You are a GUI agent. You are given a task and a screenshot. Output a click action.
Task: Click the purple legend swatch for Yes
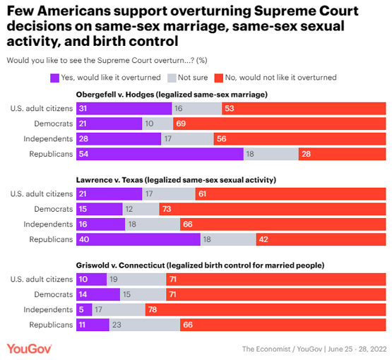click(54, 78)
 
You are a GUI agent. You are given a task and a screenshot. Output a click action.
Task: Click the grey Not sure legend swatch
click(172, 78)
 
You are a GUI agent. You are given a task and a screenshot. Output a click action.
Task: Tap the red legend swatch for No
click(219, 78)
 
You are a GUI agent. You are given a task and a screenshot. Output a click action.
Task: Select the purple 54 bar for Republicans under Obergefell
click(160, 154)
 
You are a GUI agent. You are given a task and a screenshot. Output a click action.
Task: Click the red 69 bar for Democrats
click(279, 124)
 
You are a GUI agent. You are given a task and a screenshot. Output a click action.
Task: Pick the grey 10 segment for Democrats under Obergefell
click(158, 124)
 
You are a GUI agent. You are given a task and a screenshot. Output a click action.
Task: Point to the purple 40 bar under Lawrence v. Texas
click(138, 239)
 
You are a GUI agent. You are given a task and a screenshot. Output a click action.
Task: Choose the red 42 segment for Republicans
click(321, 239)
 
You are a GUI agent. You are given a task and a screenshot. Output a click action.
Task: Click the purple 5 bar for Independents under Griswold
click(84, 310)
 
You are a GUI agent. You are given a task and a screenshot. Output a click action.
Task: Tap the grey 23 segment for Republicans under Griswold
click(145, 325)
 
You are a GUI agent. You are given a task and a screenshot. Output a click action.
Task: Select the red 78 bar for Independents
click(266, 310)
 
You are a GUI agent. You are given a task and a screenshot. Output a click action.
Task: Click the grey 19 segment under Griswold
click(136, 279)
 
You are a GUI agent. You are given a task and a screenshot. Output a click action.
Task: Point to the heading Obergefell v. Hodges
click(115, 95)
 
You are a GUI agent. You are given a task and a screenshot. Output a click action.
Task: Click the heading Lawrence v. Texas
click(109, 180)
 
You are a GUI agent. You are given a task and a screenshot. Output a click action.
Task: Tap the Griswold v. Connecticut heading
click(120, 265)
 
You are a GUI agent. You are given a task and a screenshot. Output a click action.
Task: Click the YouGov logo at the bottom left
click(29, 349)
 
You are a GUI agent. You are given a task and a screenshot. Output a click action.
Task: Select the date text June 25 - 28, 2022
click(357, 349)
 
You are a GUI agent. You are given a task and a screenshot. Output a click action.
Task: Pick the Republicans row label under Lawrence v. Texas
click(51, 239)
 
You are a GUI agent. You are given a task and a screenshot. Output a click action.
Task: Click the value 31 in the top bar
click(83, 109)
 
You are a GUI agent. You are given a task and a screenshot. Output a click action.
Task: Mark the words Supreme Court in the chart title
click(307, 11)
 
